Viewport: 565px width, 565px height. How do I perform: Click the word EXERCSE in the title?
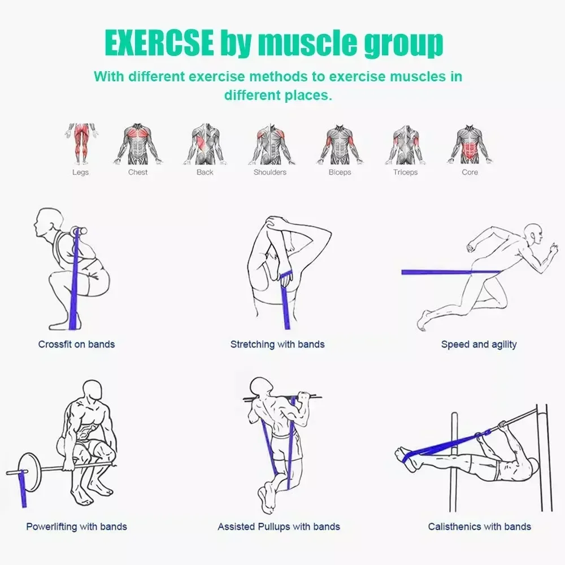159,44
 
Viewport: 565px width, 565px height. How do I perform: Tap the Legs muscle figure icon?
80,144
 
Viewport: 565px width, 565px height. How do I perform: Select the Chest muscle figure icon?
138,144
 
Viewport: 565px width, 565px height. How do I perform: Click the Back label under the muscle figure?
205,172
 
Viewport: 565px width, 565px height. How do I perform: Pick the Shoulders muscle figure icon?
270,144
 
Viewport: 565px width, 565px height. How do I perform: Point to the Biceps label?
340,172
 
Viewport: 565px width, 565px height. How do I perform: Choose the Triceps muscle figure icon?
405,144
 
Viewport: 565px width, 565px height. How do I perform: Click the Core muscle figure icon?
470,144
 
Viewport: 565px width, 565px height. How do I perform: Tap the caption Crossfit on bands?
76,344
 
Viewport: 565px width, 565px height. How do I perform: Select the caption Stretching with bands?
277,344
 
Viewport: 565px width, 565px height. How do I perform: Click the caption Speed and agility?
479,344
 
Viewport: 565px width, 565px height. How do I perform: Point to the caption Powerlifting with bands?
76,527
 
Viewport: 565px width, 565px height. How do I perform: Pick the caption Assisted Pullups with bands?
279,527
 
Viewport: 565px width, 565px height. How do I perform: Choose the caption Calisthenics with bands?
479,527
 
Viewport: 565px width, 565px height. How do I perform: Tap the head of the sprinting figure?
533,233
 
